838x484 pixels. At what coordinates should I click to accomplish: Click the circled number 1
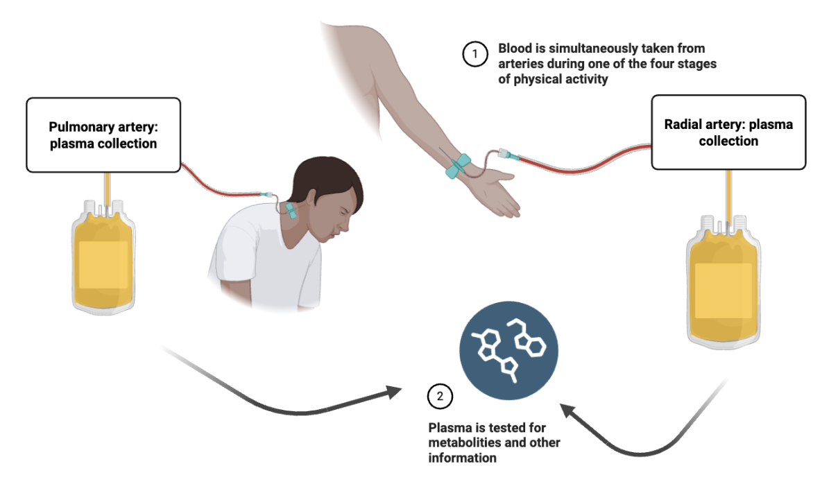pos(475,54)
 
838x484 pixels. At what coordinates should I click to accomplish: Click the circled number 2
pos(440,397)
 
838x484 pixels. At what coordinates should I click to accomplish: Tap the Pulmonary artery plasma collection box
pos(103,135)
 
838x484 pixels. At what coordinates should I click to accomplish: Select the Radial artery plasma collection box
pos(728,132)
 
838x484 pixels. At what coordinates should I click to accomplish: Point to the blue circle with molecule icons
pos(509,349)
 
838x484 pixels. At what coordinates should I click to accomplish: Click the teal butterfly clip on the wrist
pos(459,165)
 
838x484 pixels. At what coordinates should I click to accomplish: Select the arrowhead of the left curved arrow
pos(393,392)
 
